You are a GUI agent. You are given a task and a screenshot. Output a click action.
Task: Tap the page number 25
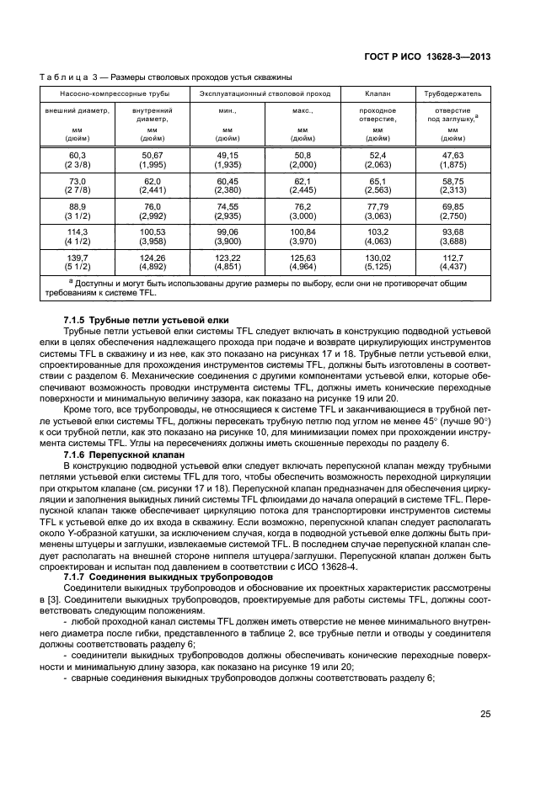click(x=485, y=714)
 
